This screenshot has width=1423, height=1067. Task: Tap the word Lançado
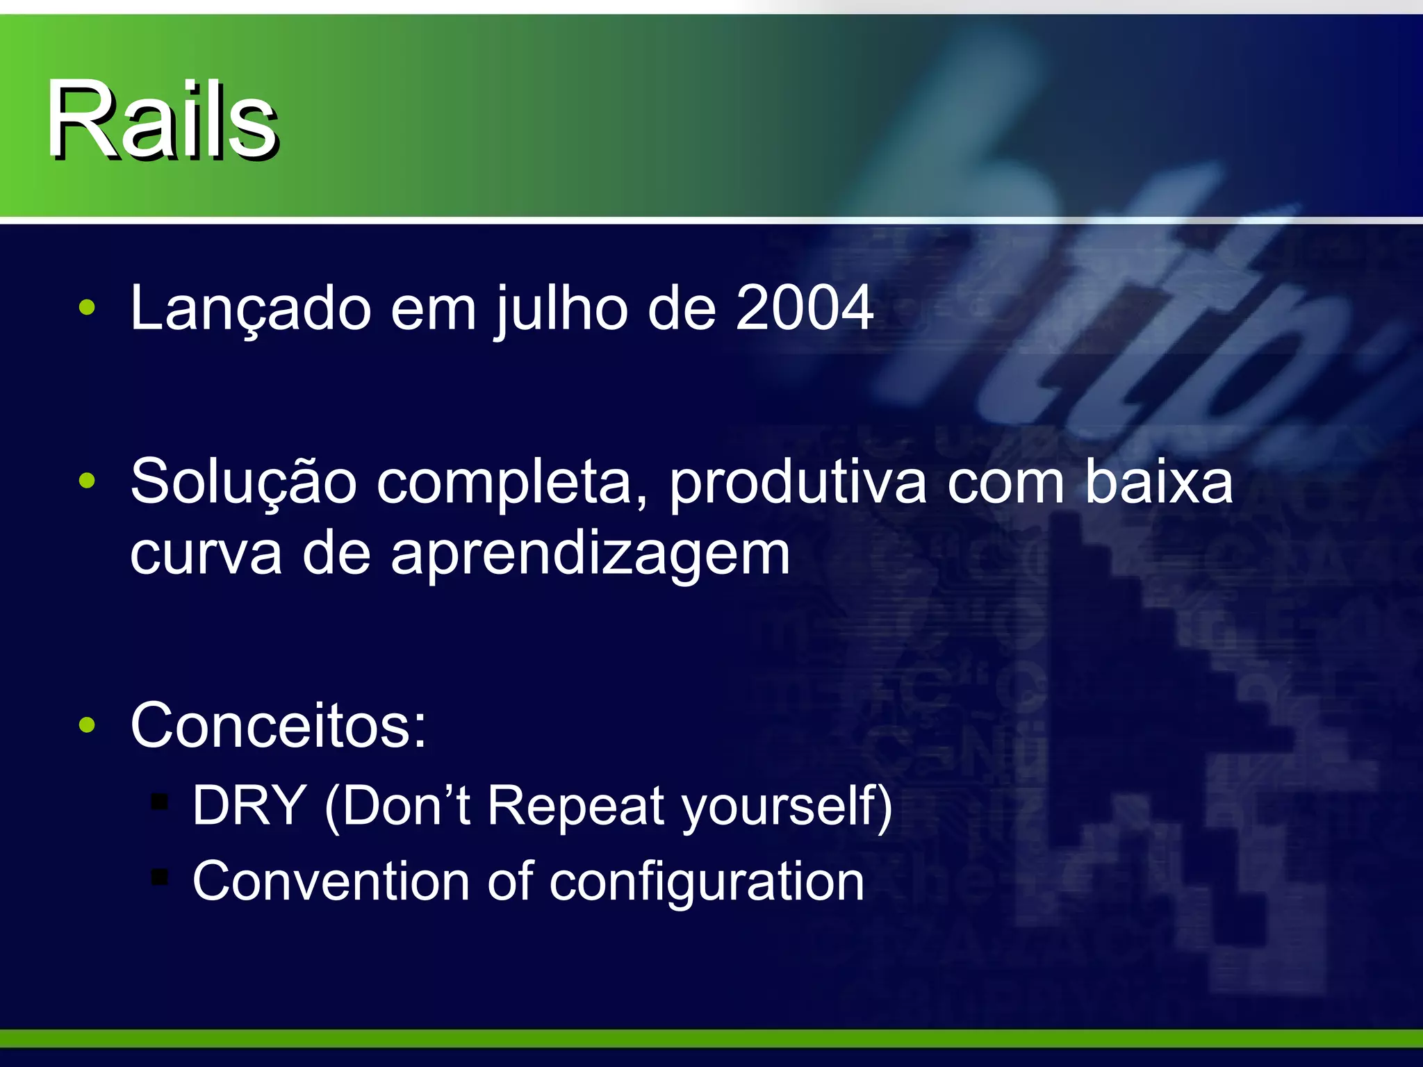[250, 309]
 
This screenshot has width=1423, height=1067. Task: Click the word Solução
[243, 483]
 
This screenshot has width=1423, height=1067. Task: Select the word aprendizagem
[590, 556]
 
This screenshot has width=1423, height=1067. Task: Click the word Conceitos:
[278, 725]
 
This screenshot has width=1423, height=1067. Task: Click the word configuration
[707, 882]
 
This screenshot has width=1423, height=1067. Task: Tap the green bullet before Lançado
[87, 307]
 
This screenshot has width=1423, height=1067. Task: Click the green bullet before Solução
[87, 481]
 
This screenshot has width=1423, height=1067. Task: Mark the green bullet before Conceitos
[87, 725]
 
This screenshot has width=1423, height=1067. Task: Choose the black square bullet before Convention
[160, 877]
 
